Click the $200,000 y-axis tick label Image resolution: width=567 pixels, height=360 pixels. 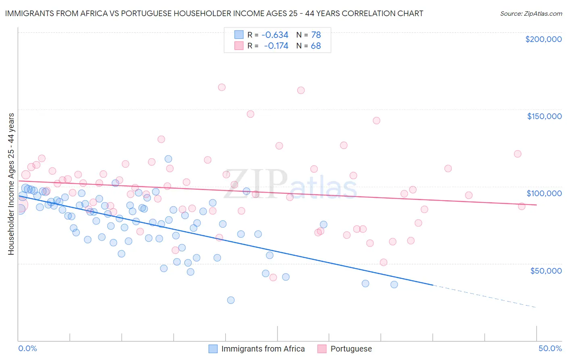(x=543, y=39)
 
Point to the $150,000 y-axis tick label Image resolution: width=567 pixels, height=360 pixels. (x=544, y=116)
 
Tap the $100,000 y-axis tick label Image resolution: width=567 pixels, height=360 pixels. (x=544, y=193)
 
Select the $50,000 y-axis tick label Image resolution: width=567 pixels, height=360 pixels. (x=546, y=270)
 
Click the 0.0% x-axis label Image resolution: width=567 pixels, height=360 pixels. (x=28, y=348)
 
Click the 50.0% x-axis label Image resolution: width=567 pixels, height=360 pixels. (x=550, y=348)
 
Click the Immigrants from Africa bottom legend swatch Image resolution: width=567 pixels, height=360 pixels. (x=213, y=349)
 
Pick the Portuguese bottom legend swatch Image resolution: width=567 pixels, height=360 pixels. (x=322, y=349)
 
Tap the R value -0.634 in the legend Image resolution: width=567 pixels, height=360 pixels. (x=275, y=35)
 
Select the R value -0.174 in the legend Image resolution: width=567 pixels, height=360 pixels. (x=276, y=46)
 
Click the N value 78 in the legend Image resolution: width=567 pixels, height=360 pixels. (x=316, y=35)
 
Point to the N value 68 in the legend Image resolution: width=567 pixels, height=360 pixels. (x=316, y=46)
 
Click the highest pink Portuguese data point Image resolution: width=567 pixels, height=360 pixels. (x=221, y=87)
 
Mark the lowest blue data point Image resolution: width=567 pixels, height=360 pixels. (x=231, y=300)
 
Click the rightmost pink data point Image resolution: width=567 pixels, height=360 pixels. (x=521, y=206)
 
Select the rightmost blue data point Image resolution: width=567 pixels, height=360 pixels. (x=394, y=284)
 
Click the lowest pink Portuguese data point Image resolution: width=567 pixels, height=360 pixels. (x=273, y=277)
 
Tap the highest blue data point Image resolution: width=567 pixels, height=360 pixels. (x=168, y=159)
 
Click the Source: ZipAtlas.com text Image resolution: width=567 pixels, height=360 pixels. (x=531, y=14)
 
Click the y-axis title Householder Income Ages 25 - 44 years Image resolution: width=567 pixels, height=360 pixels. (x=11, y=184)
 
